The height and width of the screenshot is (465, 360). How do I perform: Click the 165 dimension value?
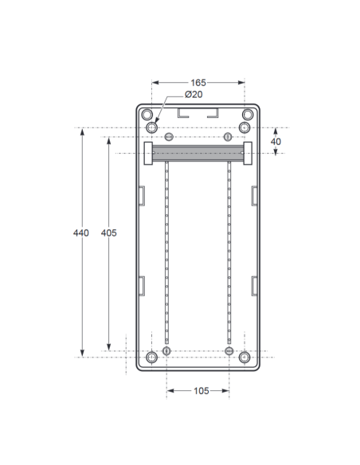tap(198, 83)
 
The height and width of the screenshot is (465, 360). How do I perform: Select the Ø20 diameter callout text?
tap(194, 94)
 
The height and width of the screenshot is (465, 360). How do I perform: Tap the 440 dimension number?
tap(81, 232)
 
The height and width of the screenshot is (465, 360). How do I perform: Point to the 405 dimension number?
tap(109, 232)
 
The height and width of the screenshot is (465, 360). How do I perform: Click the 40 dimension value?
tap(276, 142)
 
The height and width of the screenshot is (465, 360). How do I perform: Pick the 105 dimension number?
tap(202, 391)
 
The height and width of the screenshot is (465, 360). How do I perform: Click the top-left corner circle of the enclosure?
tap(147, 115)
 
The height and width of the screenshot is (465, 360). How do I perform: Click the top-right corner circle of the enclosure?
tap(248, 115)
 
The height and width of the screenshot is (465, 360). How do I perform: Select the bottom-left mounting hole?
tap(152, 358)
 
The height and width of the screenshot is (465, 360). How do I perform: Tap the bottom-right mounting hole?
tap(245, 358)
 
